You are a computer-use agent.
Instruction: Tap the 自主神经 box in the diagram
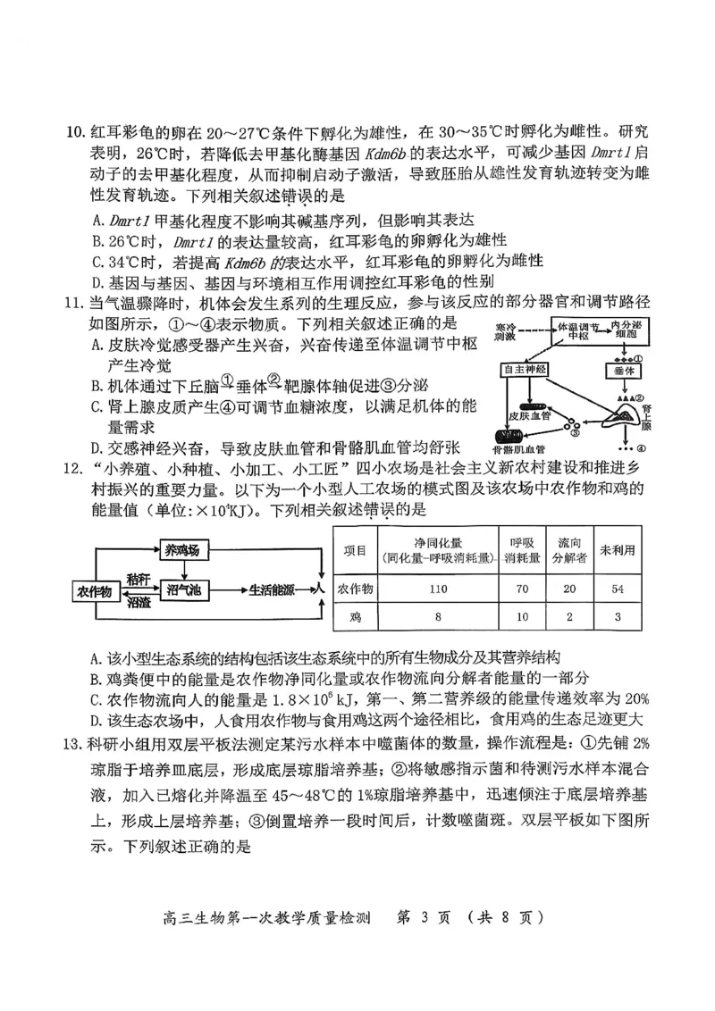(x=526, y=369)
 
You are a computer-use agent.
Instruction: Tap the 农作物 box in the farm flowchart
(x=95, y=591)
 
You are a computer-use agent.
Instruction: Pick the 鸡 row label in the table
(x=357, y=617)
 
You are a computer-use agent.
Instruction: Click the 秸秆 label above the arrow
(x=139, y=579)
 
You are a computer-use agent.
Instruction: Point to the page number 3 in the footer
(x=430, y=915)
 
